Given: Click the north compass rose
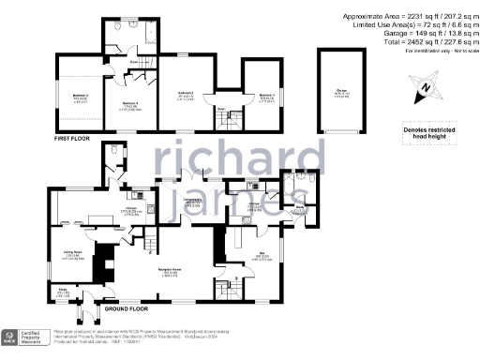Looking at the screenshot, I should (425, 89).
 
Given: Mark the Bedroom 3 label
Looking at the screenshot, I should (266, 95).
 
